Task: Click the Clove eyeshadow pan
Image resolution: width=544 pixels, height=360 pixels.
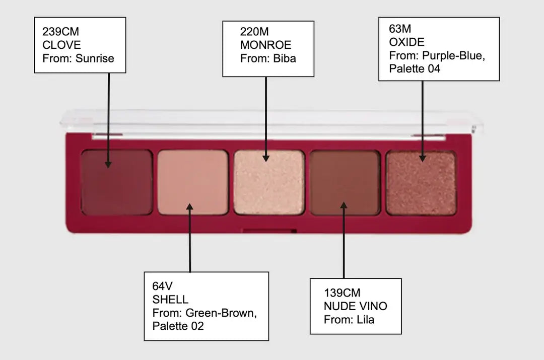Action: [117, 182]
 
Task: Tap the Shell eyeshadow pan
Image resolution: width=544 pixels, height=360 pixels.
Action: [192, 182]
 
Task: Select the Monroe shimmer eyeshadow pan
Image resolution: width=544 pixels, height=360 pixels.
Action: [269, 182]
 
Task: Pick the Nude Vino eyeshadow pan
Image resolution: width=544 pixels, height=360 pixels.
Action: [345, 182]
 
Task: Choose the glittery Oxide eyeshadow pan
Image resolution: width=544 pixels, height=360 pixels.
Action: [421, 182]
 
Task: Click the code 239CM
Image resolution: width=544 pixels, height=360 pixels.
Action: [61, 32]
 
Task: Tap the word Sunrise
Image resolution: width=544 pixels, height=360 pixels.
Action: [95, 58]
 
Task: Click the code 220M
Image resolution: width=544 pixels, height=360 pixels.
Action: [254, 32]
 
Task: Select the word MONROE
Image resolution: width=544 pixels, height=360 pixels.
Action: [265, 45]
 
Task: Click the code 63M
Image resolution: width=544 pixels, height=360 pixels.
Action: [400, 28]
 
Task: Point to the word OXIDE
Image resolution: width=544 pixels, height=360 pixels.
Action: [406, 42]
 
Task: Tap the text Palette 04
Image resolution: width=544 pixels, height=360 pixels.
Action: [415, 68]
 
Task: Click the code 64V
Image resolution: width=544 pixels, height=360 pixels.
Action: [163, 286]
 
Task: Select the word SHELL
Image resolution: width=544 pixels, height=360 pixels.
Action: [170, 300]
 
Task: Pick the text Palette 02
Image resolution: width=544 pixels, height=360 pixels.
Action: [178, 326]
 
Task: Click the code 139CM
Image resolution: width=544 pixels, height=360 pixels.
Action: [342, 293]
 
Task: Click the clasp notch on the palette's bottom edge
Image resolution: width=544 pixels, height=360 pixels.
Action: [269, 231]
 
